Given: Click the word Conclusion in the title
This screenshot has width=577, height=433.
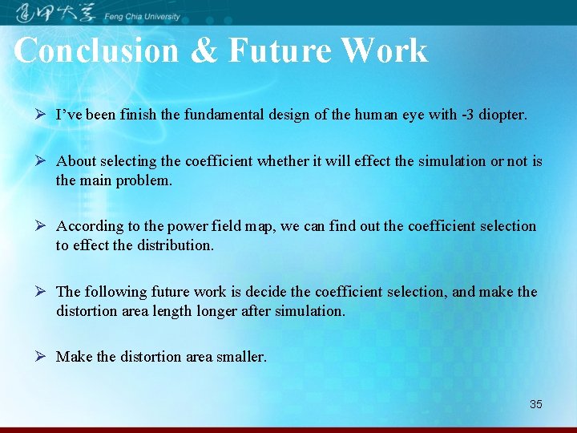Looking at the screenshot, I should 96,51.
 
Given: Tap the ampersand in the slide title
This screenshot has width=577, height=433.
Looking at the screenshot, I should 204,51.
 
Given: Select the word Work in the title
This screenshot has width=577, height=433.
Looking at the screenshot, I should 384,51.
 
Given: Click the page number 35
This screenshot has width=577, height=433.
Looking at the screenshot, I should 535,404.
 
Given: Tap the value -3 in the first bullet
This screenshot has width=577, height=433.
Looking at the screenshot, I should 466,115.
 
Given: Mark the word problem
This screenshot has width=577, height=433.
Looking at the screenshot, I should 144,180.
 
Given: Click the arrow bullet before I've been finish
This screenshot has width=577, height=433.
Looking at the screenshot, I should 40,115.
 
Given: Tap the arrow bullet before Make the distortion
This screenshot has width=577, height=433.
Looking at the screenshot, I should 40,357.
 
